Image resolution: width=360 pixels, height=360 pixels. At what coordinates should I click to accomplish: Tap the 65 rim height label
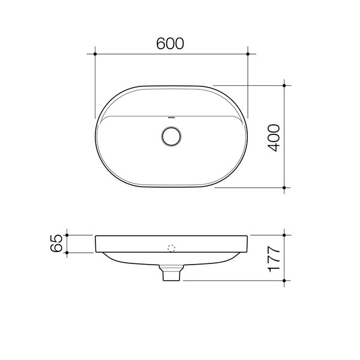click(56, 244)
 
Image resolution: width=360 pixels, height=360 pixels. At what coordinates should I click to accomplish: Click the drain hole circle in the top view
click(172, 136)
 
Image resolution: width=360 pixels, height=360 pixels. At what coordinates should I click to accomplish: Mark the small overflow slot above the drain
click(172, 117)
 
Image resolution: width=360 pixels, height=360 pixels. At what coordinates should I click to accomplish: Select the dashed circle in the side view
click(172, 248)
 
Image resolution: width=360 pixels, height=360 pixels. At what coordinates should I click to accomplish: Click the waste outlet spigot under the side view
click(172, 274)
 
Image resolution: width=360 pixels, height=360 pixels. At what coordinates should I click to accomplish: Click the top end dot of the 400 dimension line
click(284, 85)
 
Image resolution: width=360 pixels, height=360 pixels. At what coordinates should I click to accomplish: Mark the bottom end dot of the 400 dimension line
click(284, 188)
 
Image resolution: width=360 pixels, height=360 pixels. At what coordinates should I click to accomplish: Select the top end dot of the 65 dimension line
click(68, 235)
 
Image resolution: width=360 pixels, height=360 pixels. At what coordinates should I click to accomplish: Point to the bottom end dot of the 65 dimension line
click(68, 253)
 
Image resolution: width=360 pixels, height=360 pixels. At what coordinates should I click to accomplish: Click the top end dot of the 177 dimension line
click(285, 235)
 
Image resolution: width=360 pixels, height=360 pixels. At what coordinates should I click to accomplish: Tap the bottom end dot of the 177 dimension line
click(285, 281)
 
